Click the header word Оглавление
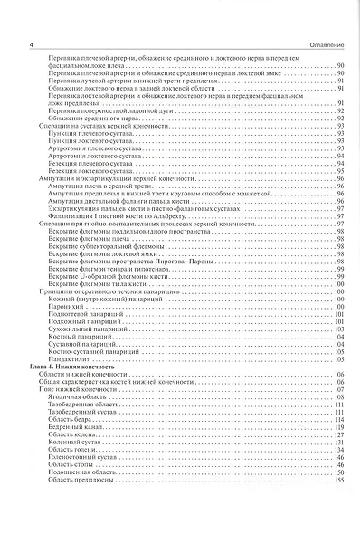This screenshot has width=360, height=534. [x=323, y=46]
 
